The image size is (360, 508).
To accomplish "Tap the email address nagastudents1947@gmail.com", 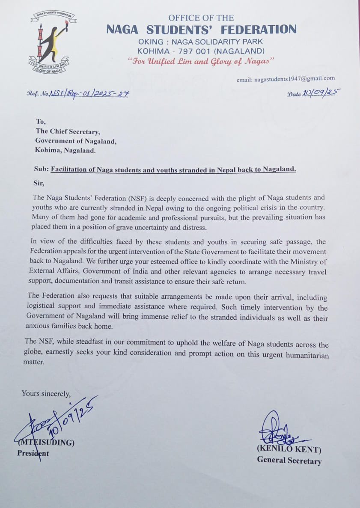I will point(286,78).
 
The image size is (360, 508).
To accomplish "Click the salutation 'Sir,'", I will point(39,183).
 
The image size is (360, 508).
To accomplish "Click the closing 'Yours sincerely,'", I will point(46,393).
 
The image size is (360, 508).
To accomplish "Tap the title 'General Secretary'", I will point(289,460).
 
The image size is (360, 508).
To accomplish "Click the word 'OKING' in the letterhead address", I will point(151,42).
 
